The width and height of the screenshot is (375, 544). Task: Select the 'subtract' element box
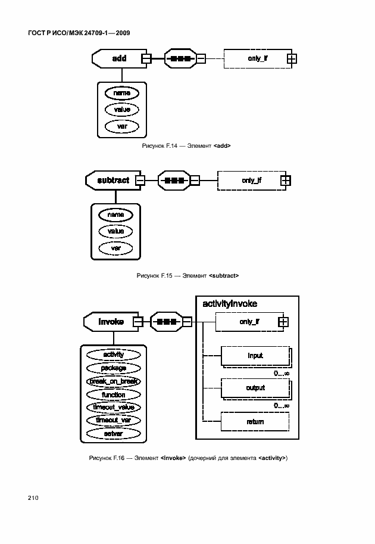pos(113,180)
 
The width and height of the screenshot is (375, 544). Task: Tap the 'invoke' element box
pos(111,322)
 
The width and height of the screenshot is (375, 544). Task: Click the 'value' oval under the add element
pos(121,110)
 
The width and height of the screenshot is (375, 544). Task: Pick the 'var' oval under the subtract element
pos(115,247)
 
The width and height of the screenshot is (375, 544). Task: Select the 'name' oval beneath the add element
pos(121,93)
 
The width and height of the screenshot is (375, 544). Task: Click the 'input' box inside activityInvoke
pos(255,356)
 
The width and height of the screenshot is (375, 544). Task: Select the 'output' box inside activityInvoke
pos(255,388)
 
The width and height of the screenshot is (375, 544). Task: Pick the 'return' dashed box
pos(255,422)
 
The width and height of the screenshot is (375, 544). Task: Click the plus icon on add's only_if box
pos(292,58)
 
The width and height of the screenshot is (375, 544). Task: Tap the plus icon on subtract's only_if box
pos(285,180)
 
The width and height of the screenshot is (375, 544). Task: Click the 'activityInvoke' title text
pos(230,304)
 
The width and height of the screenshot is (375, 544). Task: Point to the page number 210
pos(33,498)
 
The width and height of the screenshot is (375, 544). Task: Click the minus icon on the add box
pos(146,59)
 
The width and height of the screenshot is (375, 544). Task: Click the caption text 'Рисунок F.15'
pos(154,276)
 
